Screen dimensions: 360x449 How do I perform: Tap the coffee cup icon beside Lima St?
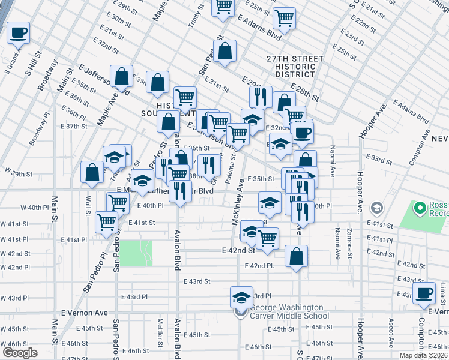point(424,293)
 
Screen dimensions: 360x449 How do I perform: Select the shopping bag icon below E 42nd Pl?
point(297,256)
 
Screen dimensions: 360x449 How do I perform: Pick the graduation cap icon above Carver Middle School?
point(241,298)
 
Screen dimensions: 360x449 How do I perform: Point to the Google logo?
point(20,353)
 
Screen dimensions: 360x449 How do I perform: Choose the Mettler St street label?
point(160,329)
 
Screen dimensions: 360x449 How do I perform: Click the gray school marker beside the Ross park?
point(377,208)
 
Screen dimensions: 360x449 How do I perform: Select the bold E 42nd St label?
point(238,250)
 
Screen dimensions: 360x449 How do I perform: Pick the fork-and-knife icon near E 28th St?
point(261,97)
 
